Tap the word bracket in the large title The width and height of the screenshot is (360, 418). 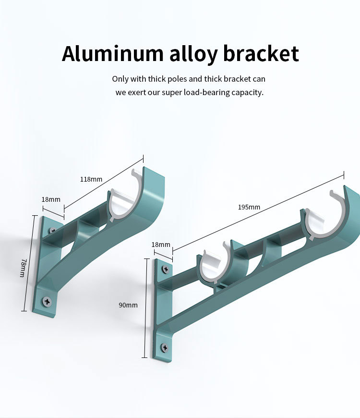click(x=261, y=54)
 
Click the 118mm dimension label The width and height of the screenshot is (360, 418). click(x=91, y=179)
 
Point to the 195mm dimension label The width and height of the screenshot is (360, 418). click(x=249, y=207)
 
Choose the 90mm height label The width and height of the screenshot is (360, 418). click(x=128, y=305)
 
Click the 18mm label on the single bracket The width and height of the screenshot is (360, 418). click(x=51, y=199)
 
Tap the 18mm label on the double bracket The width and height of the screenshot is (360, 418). click(x=161, y=245)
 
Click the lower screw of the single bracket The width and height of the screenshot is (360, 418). click(x=47, y=301)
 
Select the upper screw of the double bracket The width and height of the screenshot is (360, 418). click(x=165, y=270)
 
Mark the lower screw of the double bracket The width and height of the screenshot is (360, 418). click(x=165, y=346)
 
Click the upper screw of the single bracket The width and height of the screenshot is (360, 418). click(x=52, y=230)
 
